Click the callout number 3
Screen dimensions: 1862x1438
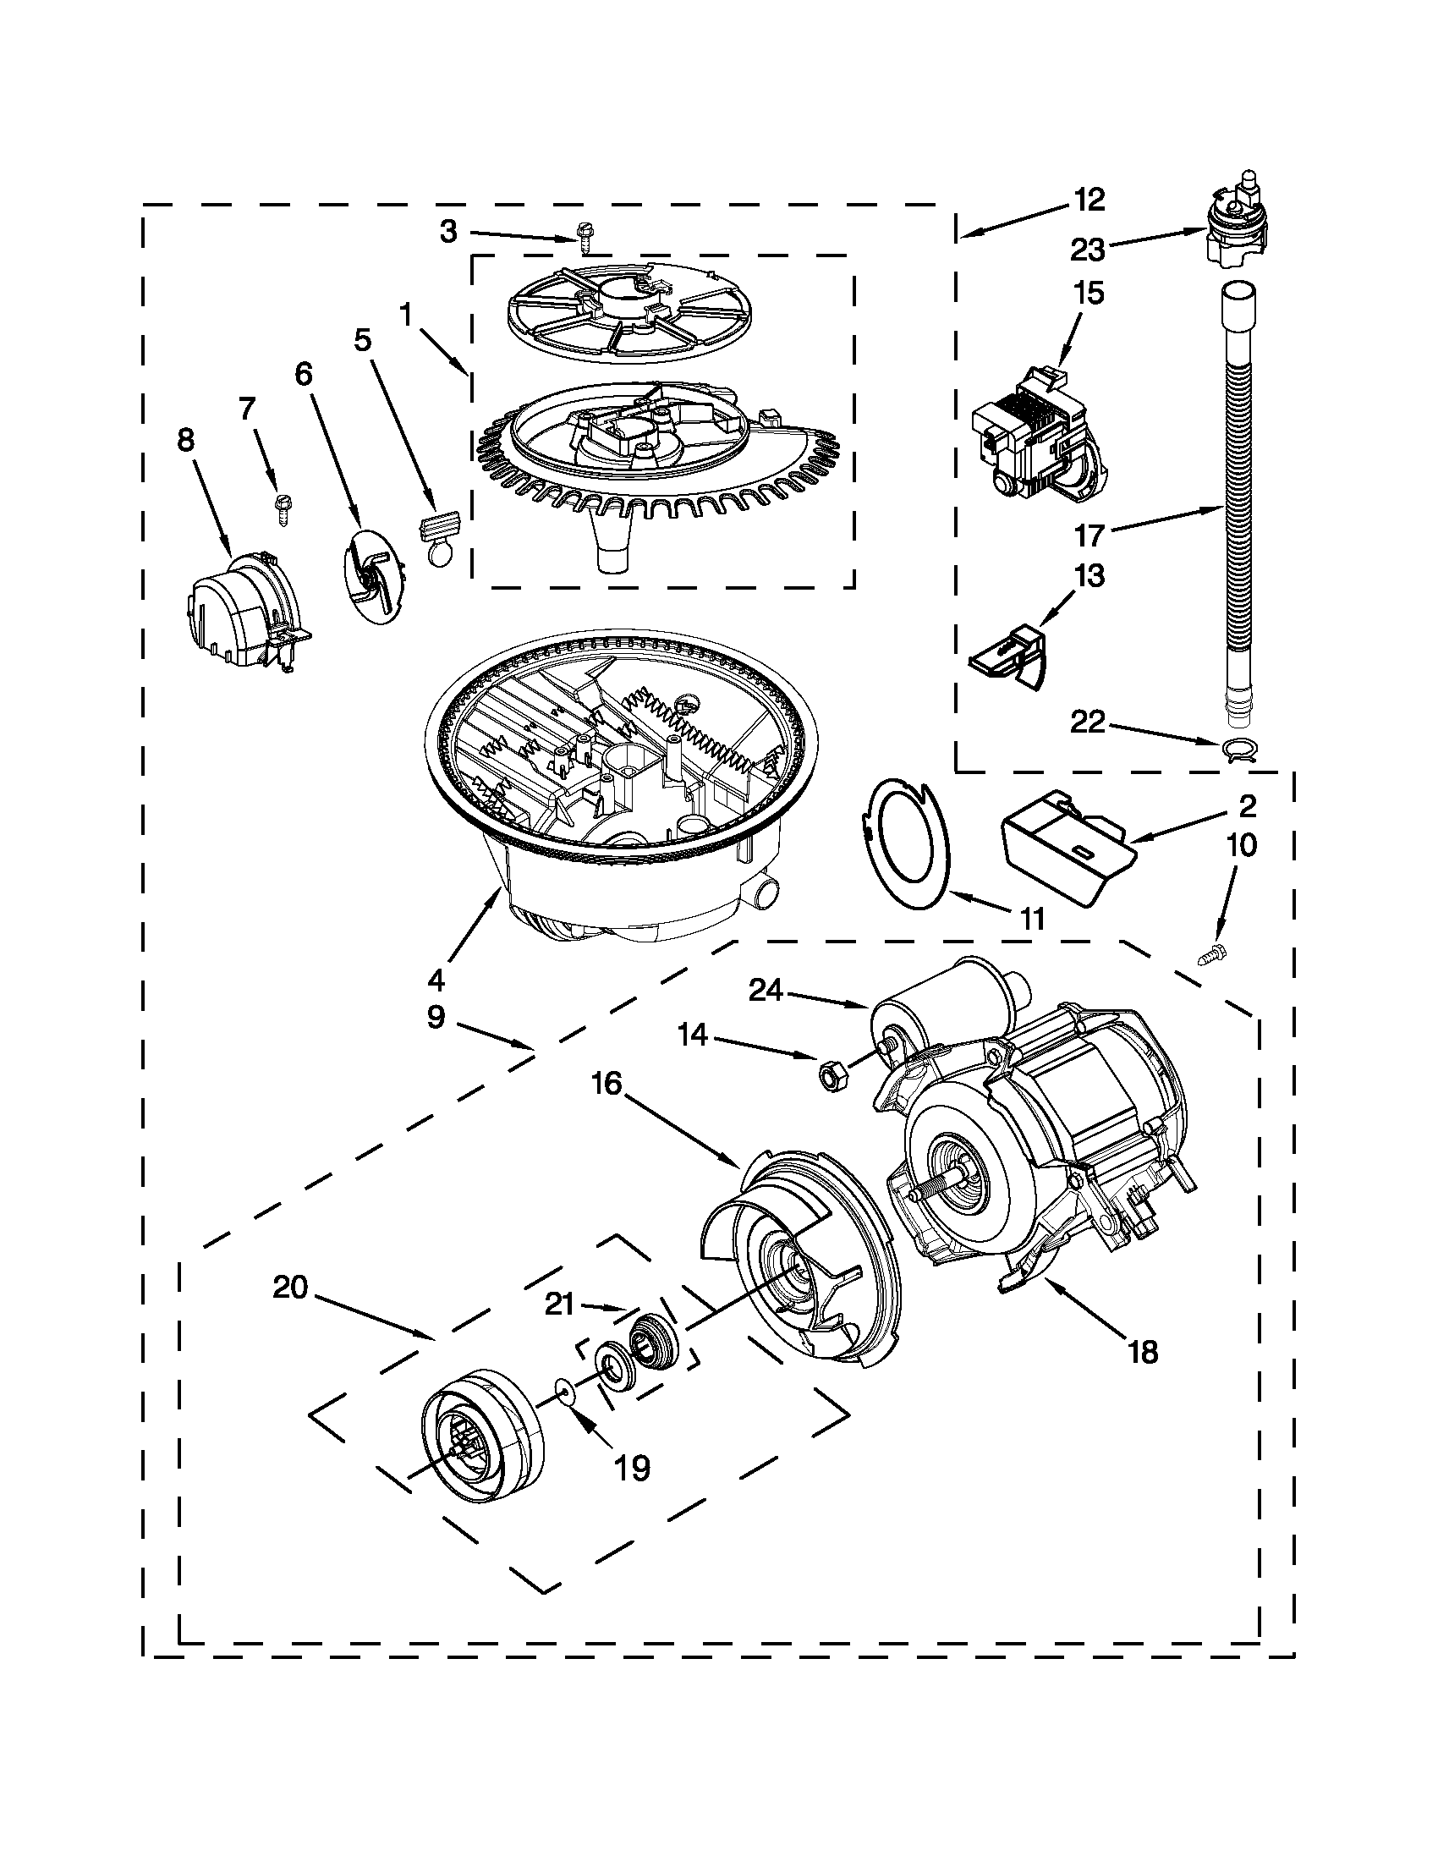pyautogui.click(x=449, y=231)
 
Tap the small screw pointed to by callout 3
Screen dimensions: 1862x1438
pyautogui.click(x=585, y=238)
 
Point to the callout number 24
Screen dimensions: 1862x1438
pyautogui.click(x=766, y=990)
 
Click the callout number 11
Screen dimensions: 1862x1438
pyautogui.click(x=1031, y=919)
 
